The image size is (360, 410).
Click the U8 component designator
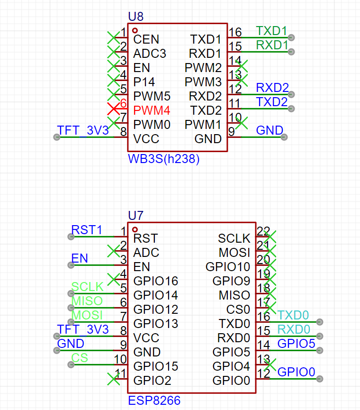pos(135,17)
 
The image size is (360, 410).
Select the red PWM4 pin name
pos(152,111)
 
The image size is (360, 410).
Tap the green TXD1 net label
pos(271,31)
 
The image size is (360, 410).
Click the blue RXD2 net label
pos(272,88)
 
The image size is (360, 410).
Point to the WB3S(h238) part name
pos(163,159)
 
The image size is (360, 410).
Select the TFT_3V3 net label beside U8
pos(82,131)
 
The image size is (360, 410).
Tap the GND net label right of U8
pos(270,131)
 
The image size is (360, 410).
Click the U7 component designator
pos(135,216)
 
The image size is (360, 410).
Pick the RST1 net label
pos(87,230)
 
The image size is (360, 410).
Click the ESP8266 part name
pos(154,401)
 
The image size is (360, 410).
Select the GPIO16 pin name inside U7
pos(155,282)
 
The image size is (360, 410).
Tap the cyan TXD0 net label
pos(294,316)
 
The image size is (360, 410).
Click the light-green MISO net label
pos(87,301)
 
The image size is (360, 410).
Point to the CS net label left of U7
pos(80,358)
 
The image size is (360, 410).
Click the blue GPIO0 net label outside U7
pos(296,373)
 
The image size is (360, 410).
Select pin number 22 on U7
pos(263,231)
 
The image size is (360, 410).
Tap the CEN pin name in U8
pos(146,40)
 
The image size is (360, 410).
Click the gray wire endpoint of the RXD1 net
pos(291,52)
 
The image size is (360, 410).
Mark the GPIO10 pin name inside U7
pos(227,267)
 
